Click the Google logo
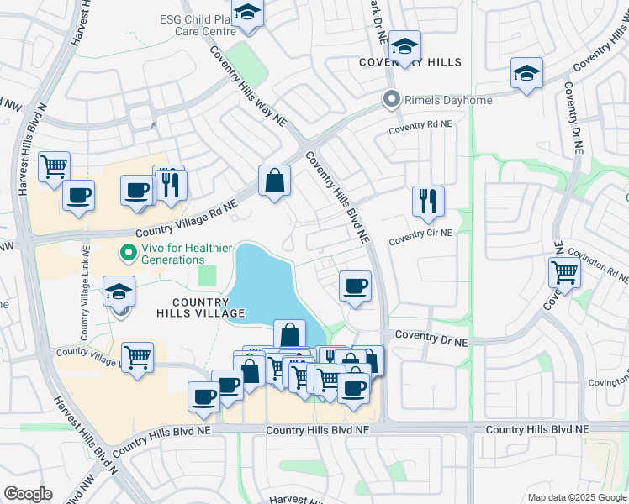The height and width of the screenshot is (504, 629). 28,494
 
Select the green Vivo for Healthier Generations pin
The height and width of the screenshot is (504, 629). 128,251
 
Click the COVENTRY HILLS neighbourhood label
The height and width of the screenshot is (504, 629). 410,63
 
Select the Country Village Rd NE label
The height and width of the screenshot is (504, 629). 175,221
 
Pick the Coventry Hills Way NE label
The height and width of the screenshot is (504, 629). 248,87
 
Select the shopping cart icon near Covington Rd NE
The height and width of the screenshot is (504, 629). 563,272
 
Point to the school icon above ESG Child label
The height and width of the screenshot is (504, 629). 247,13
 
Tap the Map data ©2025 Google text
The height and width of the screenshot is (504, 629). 576,497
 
